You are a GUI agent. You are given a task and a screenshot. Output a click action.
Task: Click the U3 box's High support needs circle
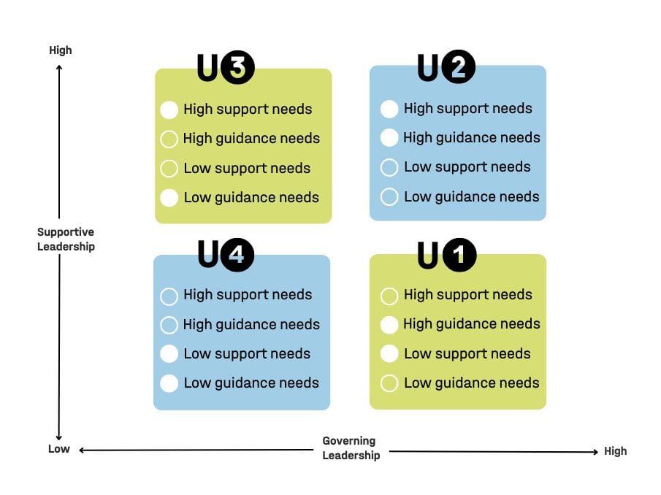click(169, 110)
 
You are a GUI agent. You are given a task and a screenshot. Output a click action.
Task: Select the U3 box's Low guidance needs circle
click(169, 198)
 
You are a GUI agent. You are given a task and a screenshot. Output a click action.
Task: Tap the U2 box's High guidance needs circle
click(389, 137)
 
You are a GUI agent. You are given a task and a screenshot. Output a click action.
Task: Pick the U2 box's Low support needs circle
click(389, 167)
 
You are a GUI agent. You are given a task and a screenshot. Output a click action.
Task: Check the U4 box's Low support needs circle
click(169, 354)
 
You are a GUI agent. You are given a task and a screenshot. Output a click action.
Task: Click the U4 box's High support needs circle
click(169, 296)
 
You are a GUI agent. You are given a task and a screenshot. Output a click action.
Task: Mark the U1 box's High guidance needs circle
click(389, 324)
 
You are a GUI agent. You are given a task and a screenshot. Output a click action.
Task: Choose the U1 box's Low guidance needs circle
click(389, 383)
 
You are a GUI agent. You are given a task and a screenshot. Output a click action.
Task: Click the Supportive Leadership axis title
click(66, 239)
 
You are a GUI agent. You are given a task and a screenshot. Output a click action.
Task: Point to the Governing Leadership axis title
click(351, 448)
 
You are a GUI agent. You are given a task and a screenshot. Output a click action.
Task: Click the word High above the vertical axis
click(61, 50)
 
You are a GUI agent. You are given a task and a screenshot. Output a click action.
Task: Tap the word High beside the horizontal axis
click(615, 451)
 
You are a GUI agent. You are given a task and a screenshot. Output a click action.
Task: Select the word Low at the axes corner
click(59, 449)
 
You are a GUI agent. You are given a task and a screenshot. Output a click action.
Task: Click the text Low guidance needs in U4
click(251, 383)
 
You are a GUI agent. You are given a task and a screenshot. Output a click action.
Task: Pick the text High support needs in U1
click(467, 295)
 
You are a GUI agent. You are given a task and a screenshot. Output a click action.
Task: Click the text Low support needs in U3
click(247, 169)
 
